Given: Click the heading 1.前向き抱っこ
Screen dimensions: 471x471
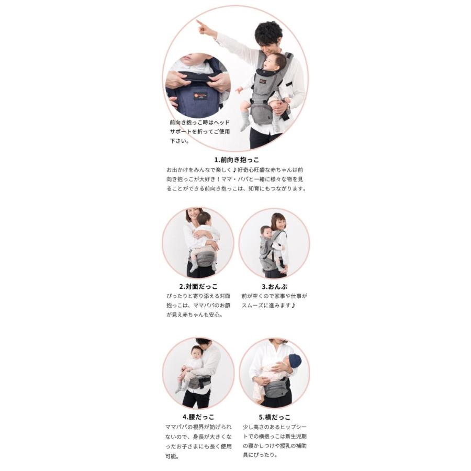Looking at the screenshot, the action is (237, 160).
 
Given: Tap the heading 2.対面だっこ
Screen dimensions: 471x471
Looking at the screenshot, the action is (198, 287).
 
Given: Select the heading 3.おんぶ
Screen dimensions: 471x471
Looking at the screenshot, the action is (274, 287).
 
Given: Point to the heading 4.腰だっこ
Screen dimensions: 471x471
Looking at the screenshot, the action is (198, 417).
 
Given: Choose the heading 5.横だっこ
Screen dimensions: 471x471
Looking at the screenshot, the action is (275, 417).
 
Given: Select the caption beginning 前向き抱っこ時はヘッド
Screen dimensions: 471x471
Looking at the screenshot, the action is (200, 131).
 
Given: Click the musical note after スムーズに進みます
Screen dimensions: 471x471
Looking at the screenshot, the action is (294, 305).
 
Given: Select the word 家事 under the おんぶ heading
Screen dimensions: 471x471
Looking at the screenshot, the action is (279, 296).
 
